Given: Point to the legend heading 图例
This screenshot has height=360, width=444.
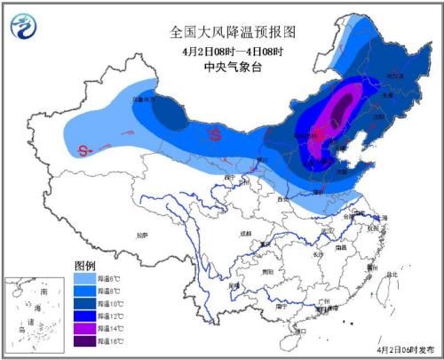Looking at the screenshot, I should pyautogui.click(x=84, y=266).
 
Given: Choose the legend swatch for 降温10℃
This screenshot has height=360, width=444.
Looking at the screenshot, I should pyautogui.click(x=83, y=302).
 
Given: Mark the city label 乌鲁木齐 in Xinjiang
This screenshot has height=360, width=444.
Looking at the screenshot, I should pyautogui.click(x=142, y=100).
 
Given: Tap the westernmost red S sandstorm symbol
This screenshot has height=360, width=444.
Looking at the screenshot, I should pyautogui.click(x=84, y=149).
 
